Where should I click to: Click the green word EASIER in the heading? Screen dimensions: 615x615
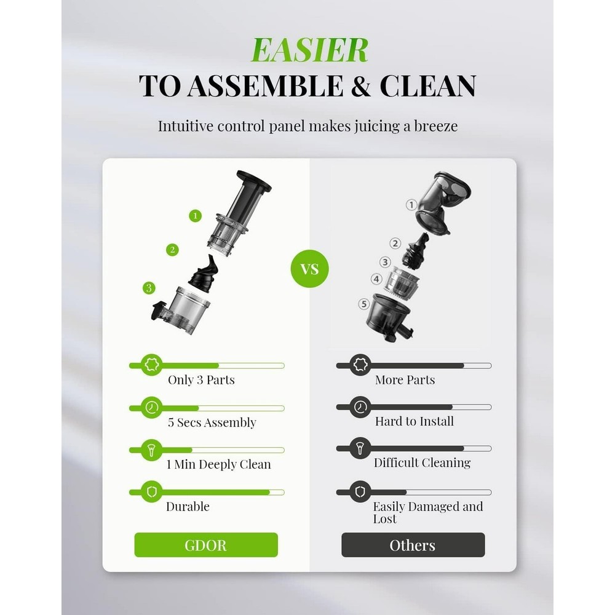pyautogui.click(x=309, y=50)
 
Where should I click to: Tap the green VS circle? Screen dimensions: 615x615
pyautogui.click(x=310, y=269)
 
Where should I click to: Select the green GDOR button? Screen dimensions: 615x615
pyautogui.click(x=206, y=545)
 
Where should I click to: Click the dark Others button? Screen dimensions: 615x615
pyautogui.click(x=413, y=545)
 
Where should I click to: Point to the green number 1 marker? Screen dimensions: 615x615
pyautogui.click(x=196, y=216)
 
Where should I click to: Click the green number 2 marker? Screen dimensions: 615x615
pyautogui.click(x=173, y=250)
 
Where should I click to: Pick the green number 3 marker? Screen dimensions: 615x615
pyautogui.click(x=149, y=287)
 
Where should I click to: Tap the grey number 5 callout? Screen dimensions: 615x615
pyautogui.click(x=364, y=303)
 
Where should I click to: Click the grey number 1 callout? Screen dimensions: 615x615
pyautogui.click(x=411, y=205)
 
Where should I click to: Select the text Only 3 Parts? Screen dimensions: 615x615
pyautogui.click(x=201, y=380)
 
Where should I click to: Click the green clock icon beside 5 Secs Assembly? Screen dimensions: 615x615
pyautogui.click(x=151, y=407)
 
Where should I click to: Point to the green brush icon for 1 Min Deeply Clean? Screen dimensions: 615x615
pyautogui.click(x=151, y=450)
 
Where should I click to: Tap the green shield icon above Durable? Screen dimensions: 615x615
pyautogui.click(x=151, y=491)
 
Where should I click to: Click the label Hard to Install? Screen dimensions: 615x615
pyautogui.click(x=414, y=421)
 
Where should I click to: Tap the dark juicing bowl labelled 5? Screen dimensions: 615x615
pyautogui.click(x=391, y=313)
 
